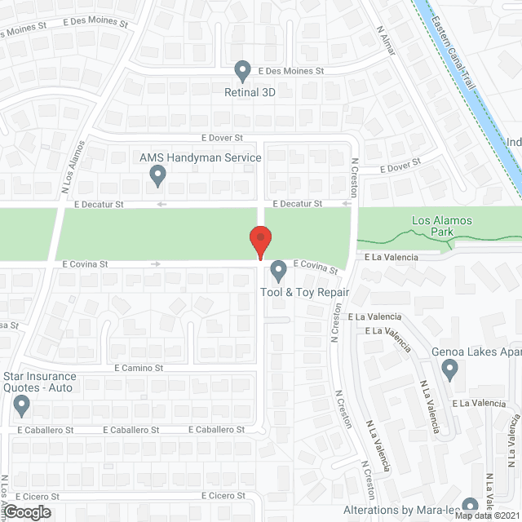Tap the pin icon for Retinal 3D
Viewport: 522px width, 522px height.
coord(242,72)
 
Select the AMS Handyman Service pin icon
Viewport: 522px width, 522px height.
coord(158,174)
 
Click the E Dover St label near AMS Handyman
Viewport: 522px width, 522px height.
coord(223,139)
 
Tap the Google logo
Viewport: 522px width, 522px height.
coord(26,512)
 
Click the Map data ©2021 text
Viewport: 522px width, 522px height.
coord(486,515)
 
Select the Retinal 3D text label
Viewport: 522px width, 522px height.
coord(250,92)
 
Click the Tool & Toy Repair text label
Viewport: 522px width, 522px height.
coord(304,292)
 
